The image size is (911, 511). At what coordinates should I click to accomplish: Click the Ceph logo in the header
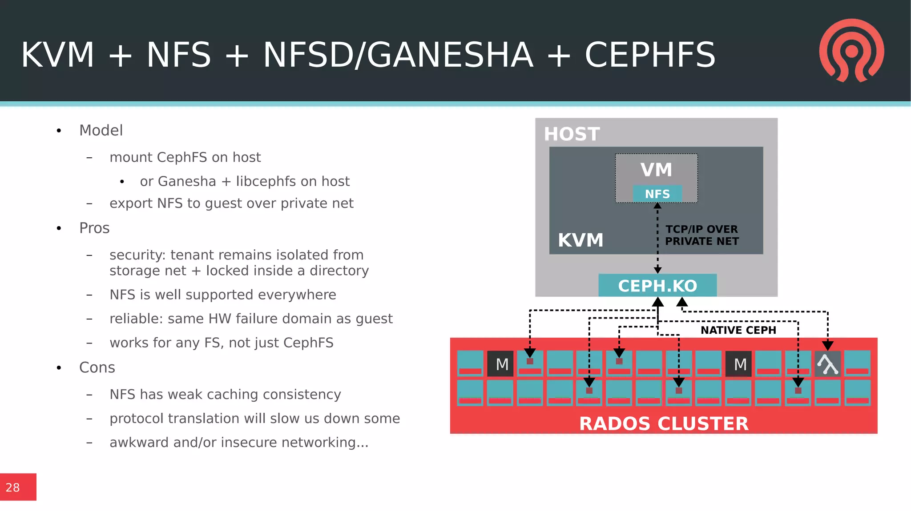[851, 51]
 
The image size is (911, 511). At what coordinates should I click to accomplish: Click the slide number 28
[13, 487]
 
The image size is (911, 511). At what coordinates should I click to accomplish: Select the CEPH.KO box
[657, 286]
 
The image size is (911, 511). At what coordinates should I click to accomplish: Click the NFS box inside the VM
[657, 194]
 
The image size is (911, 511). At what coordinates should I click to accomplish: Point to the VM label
[656, 170]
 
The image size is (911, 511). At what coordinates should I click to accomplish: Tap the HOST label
[572, 134]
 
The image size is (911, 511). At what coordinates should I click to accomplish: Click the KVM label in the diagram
[580, 240]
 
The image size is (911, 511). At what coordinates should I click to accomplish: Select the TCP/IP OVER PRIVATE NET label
[701, 235]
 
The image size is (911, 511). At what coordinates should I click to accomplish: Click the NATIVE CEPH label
[738, 330]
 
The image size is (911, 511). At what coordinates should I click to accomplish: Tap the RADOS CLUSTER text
[664, 423]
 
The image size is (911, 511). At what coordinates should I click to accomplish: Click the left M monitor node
[501, 364]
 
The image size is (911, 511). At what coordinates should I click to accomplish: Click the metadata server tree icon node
[828, 364]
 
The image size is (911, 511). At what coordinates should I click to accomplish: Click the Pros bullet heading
[94, 228]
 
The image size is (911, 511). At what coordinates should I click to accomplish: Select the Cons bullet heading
[97, 367]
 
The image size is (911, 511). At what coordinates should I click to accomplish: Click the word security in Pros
[137, 255]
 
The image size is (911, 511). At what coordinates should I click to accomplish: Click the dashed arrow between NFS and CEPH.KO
[657, 238]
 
